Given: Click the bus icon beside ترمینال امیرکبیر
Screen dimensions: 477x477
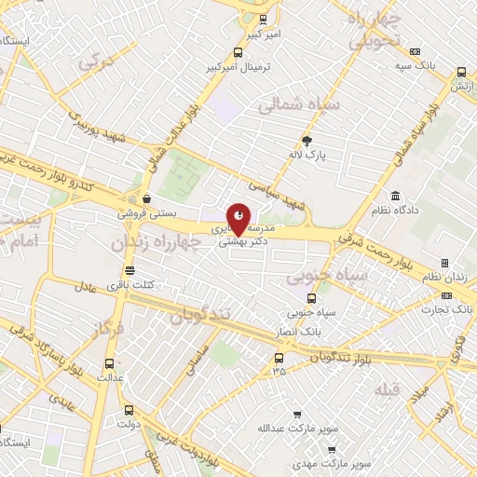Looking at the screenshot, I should pyautogui.click(x=238, y=53).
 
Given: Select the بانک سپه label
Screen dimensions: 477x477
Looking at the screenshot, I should pyautogui.click(x=415, y=66).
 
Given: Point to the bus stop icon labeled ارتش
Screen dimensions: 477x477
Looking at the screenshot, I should pyautogui.click(x=462, y=73).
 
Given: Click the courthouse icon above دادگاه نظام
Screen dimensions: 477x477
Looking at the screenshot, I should pyautogui.click(x=396, y=197).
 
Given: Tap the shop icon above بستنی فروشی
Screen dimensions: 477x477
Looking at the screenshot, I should pyautogui.click(x=147, y=198).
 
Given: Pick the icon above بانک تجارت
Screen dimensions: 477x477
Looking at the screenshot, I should pyautogui.click(x=444, y=295).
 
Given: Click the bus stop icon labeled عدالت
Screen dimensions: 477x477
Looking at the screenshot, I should pyautogui.click(x=111, y=363).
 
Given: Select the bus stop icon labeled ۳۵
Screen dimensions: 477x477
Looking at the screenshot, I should pyautogui.click(x=279, y=358).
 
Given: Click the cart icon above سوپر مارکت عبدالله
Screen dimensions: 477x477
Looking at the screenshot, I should pyautogui.click(x=296, y=415).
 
